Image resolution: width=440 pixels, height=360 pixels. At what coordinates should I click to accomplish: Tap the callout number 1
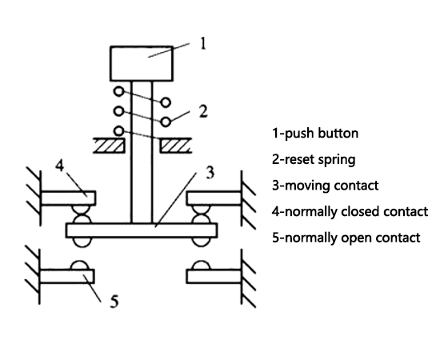tap(203, 40)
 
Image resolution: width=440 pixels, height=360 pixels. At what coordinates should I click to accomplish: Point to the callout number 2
tap(203, 110)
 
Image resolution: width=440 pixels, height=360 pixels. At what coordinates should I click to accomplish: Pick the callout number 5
tap(114, 302)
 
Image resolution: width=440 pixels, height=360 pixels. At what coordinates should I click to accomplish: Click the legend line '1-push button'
tap(315, 134)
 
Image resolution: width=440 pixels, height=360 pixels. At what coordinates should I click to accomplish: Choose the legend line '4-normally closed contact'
tap(346, 211)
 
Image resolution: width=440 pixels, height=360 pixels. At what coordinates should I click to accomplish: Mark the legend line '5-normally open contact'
tap(346, 238)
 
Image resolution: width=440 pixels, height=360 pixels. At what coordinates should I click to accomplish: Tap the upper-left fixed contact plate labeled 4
tap(68, 197)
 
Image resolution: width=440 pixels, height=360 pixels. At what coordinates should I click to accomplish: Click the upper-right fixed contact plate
tap(214, 197)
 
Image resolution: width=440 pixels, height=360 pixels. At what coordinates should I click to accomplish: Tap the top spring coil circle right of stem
tap(166, 102)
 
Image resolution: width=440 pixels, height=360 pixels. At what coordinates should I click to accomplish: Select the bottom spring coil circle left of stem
tap(119, 130)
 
